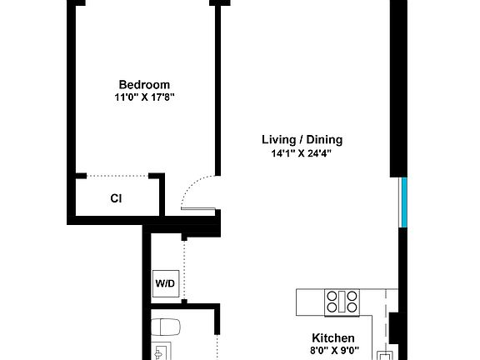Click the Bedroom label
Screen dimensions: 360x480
point(144,84)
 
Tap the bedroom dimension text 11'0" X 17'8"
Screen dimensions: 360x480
point(144,97)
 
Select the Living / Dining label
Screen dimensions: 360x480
point(302,140)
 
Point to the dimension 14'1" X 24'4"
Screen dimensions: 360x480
point(302,153)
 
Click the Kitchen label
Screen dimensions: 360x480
point(333,337)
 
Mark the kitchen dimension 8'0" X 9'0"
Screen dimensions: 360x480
point(333,351)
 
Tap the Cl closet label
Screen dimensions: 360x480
point(117,198)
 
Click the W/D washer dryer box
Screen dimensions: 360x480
point(165,283)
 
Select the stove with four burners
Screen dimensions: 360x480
point(342,302)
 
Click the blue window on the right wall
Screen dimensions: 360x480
point(402,202)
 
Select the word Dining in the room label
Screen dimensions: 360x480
point(324,140)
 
